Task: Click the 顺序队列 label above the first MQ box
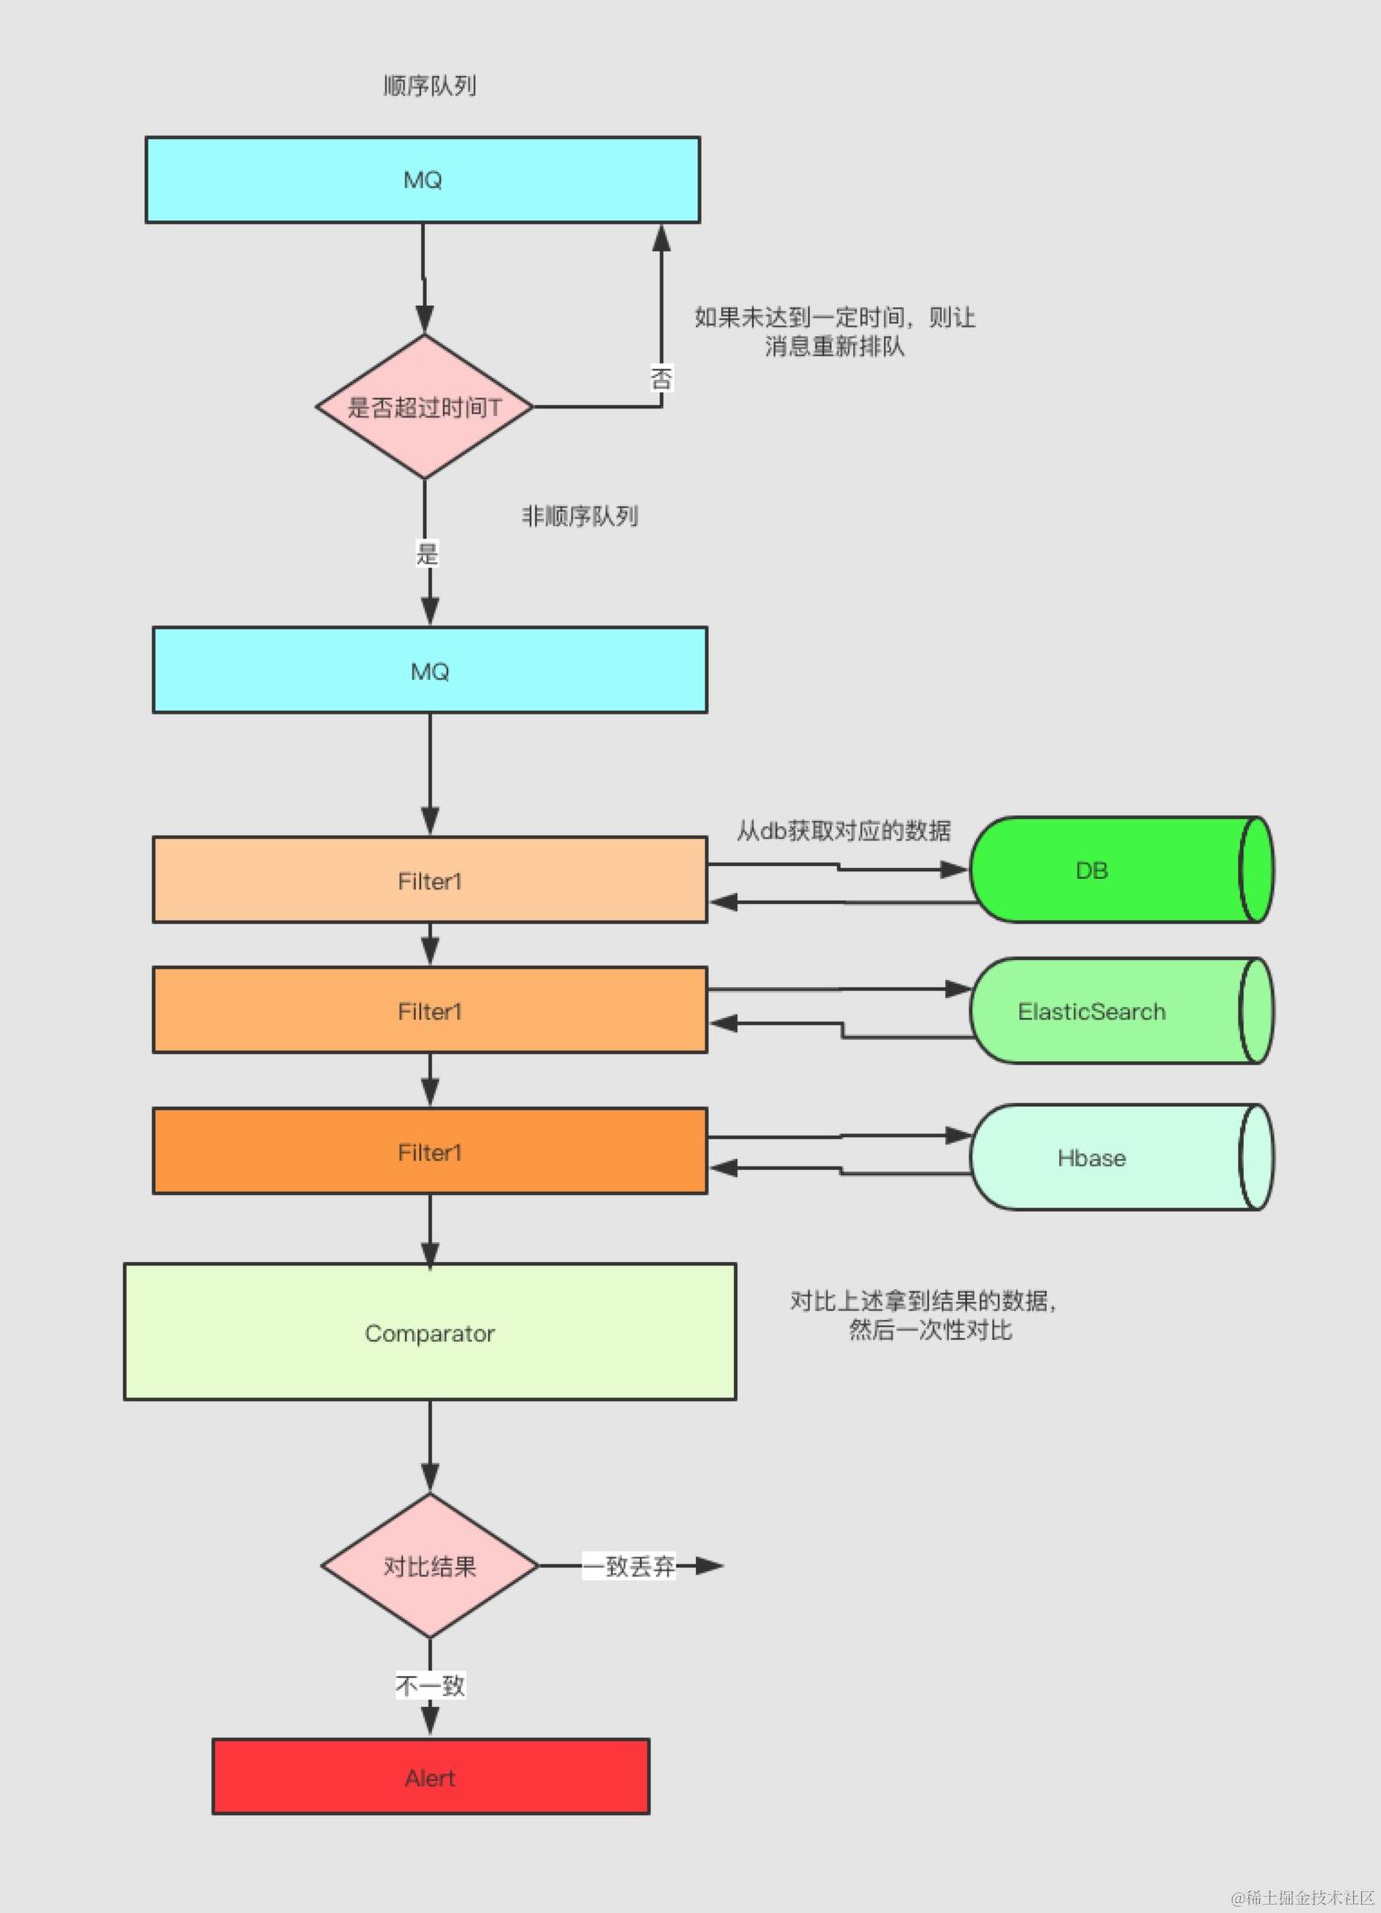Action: click(429, 86)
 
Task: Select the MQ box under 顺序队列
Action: click(422, 180)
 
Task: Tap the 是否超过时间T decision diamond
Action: click(424, 407)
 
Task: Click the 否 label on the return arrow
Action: click(662, 378)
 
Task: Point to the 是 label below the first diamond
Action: click(427, 553)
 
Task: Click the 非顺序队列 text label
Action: click(579, 516)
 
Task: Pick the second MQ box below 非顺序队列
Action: click(429, 671)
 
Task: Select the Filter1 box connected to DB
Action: click(429, 881)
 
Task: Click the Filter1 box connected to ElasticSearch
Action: click(429, 1011)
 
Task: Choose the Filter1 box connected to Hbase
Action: click(429, 1152)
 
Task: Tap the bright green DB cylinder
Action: click(1112, 870)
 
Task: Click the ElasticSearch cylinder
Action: click(1112, 1011)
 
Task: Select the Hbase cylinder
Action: click(1112, 1157)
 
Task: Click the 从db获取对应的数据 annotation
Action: click(843, 830)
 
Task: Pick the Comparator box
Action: click(429, 1333)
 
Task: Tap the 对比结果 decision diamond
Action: click(429, 1566)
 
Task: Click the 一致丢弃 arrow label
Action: click(628, 1566)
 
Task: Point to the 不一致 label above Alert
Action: click(429, 1685)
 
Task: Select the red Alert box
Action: click(430, 1777)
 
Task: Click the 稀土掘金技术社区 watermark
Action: click(1301, 1897)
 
